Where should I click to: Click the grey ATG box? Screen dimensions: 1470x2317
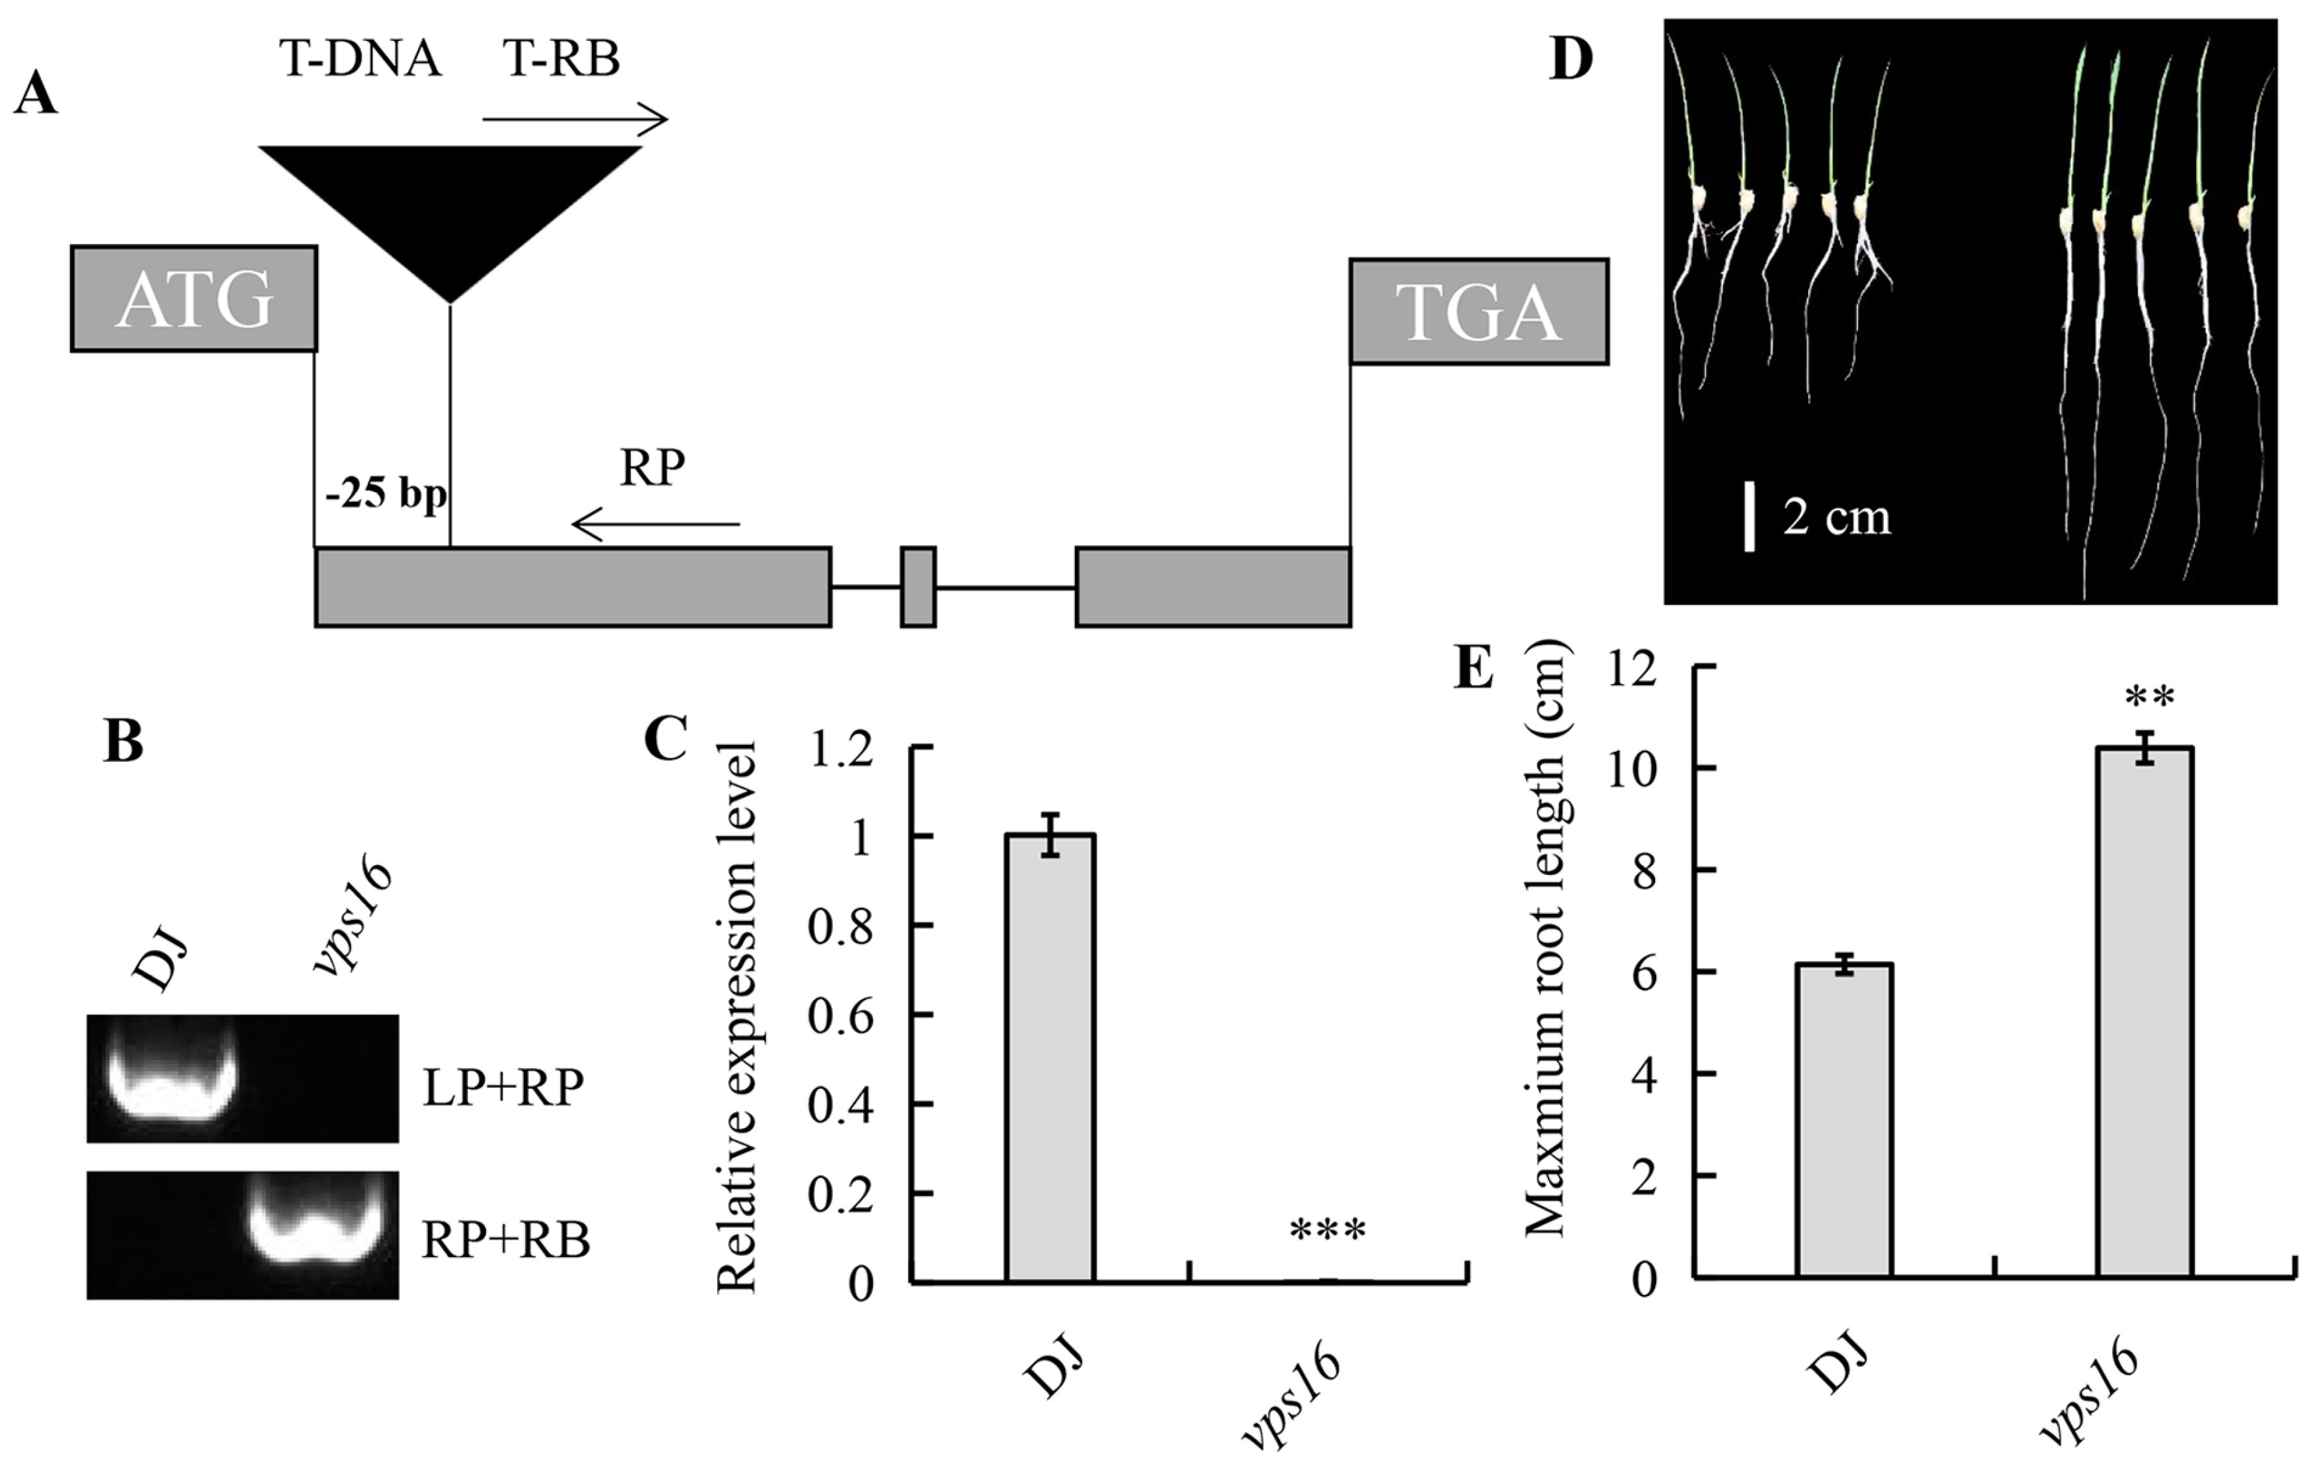193,299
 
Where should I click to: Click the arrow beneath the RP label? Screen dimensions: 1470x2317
656,524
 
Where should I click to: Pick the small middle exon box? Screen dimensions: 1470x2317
918,587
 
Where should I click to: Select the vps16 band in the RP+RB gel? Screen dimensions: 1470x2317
323,1236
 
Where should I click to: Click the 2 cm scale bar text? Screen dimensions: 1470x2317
1836,517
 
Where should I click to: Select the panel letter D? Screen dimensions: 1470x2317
1571,60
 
